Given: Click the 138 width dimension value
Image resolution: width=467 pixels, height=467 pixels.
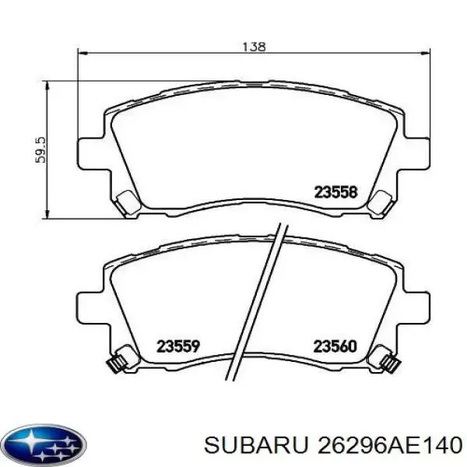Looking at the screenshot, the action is pos(254,47).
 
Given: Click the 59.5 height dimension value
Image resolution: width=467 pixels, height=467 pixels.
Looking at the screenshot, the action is pos(40,149).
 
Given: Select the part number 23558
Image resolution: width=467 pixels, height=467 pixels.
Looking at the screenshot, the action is pos(335,192).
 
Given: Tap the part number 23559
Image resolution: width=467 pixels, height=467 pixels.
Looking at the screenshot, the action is pos(178,346).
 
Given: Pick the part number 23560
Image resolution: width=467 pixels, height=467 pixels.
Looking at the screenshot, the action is pos(335,346).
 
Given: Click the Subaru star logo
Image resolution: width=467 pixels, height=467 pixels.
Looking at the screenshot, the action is pos(44,444).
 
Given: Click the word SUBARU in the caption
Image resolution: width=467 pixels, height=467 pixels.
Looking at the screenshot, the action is pos(256,445).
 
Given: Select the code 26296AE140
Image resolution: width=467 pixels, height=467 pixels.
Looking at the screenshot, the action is pos(390,445).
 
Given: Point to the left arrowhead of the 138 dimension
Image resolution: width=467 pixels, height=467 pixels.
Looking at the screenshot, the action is pos(81,53).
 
